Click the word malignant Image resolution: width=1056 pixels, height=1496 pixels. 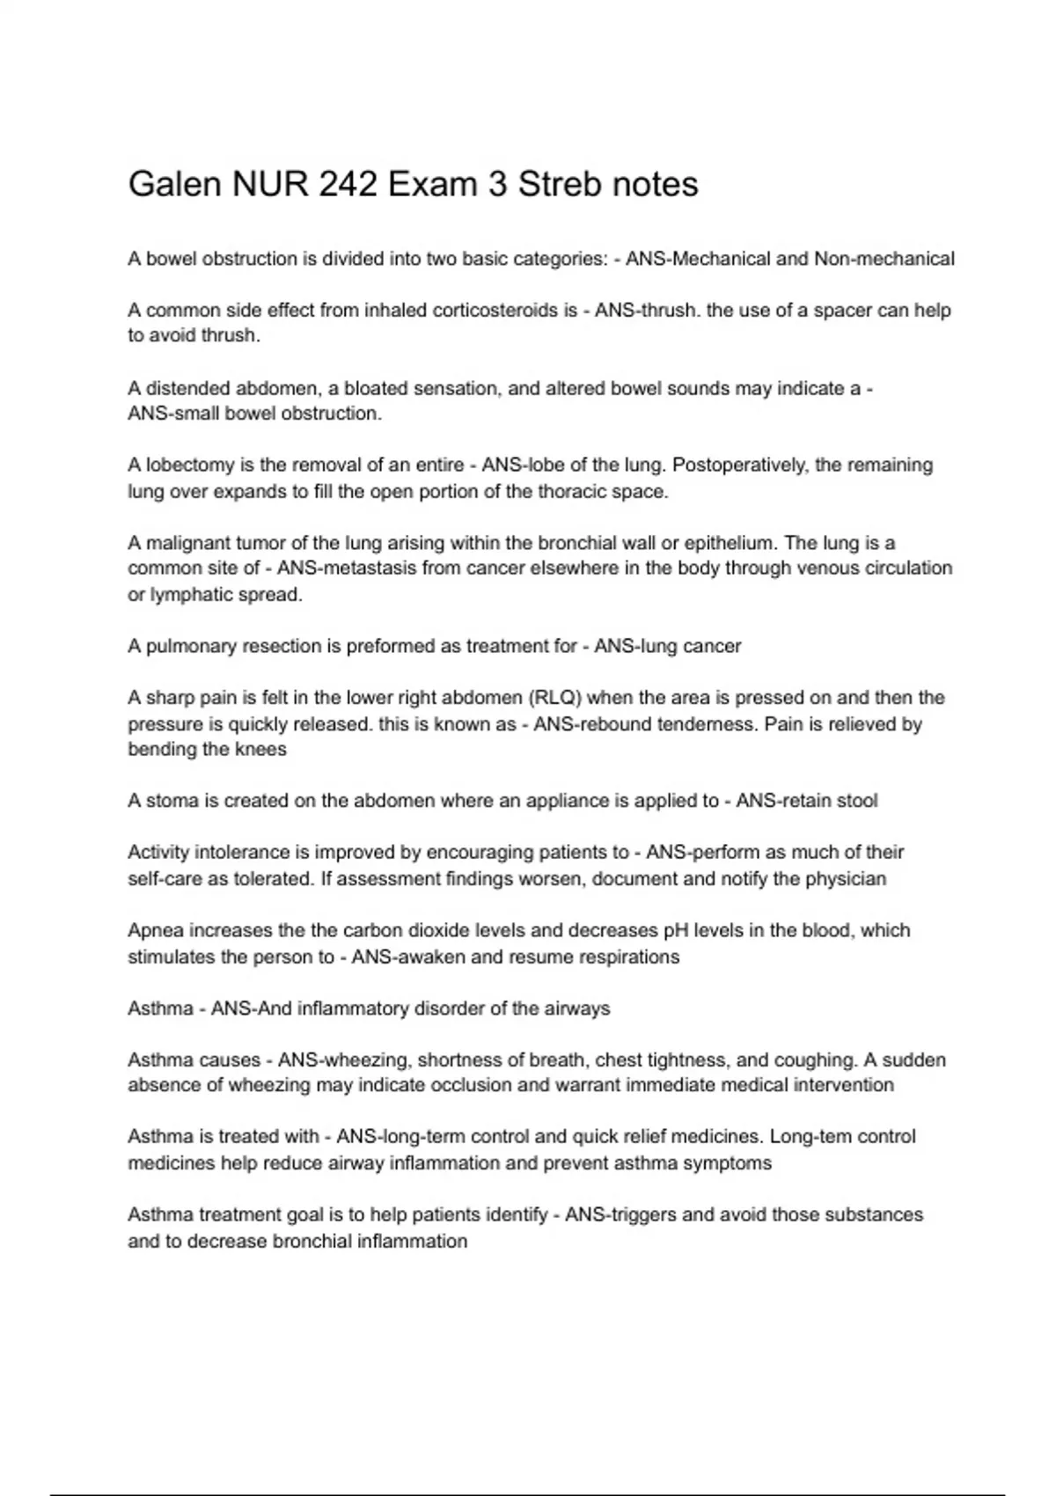[x=191, y=543]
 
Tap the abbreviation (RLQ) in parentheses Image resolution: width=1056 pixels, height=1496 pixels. [x=554, y=698]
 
